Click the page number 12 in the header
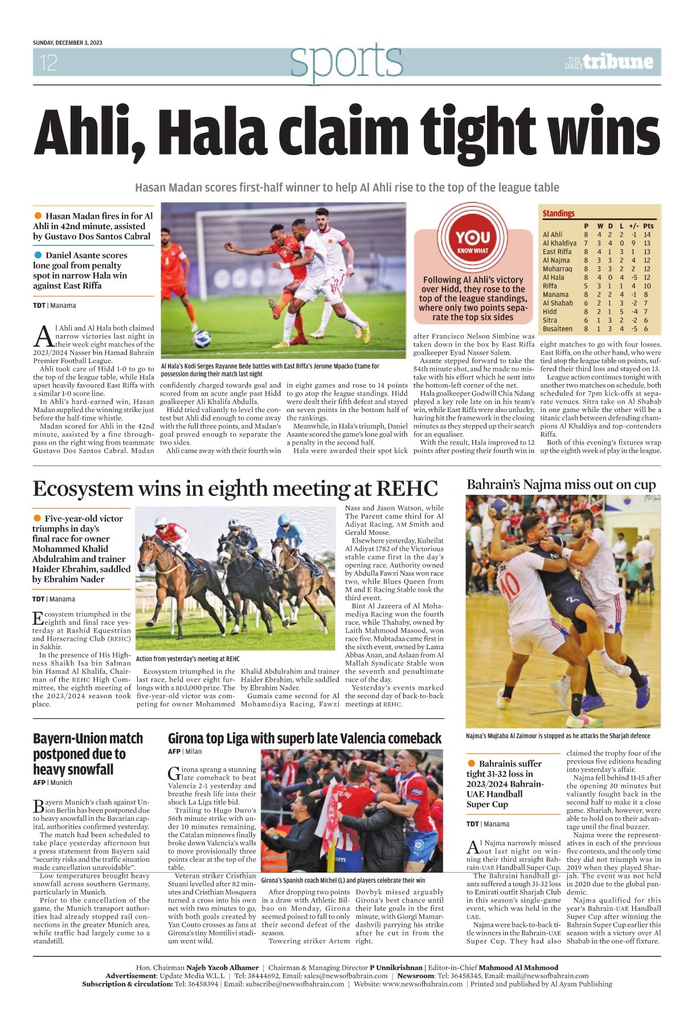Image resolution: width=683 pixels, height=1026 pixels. [48, 62]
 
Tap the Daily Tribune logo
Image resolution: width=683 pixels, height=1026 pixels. [609, 62]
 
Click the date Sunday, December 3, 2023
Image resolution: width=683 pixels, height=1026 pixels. [67, 43]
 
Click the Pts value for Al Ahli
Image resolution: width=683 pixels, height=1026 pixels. [647, 234]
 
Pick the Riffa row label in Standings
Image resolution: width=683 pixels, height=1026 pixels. [550, 286]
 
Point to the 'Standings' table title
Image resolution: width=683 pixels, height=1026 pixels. [558, 213]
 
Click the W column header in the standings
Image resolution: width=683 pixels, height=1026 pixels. [600, 226]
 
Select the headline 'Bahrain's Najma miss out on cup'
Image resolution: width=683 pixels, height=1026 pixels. [561, 484]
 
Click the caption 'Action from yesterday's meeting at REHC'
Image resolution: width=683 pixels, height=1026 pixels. [187, 659]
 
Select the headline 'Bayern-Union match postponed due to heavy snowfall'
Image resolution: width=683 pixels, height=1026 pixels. [88, 754]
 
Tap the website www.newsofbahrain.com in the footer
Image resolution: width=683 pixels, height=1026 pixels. [422, 984]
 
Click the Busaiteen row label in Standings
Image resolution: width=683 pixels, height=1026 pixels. [557, 329]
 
